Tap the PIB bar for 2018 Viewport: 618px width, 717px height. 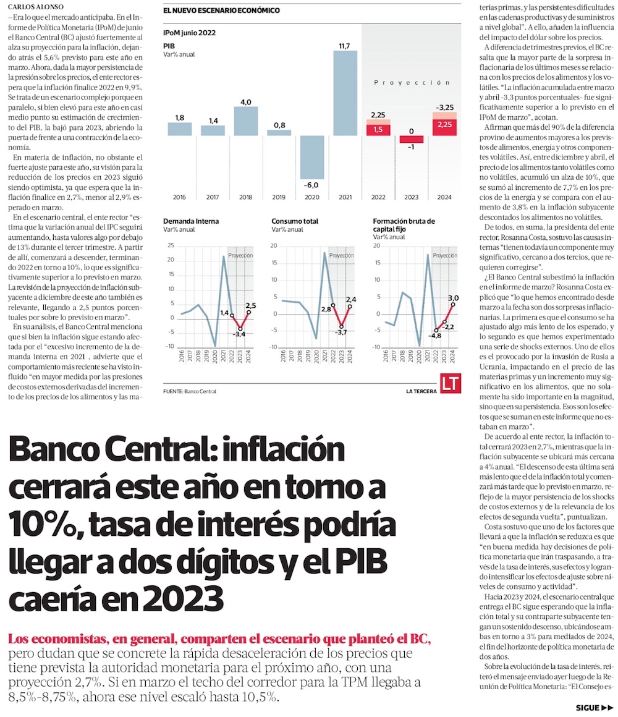(245, 121)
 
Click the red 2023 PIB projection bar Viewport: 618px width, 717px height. (411, 139)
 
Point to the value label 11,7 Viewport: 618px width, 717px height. (345, 46)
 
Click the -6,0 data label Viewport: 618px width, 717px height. (311, 185)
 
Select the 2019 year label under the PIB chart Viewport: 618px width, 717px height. (279, 197)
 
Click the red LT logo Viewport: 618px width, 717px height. (451, 383)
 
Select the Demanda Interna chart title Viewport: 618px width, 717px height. (191, 221)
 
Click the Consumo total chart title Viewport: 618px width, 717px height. (295, 221)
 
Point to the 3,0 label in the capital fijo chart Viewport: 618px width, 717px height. (453, 297)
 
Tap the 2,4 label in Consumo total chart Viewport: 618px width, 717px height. (351, 299)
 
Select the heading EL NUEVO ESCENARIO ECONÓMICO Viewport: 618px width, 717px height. (221, 11)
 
